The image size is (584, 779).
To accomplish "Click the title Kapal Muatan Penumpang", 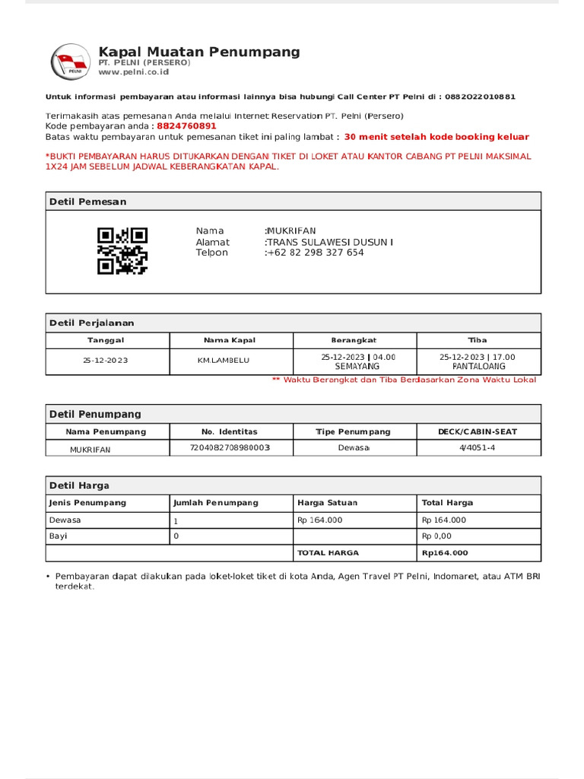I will [199, 52].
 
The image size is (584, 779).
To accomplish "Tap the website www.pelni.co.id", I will [133, 72].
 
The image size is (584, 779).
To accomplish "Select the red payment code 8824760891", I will [186, 126].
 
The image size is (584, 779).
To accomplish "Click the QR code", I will [122, 251].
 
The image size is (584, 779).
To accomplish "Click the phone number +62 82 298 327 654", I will [315, 253].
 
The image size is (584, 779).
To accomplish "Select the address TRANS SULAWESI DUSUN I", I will [329, 242].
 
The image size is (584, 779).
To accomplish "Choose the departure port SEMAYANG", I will [357, 366].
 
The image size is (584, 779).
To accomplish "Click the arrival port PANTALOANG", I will [478, 366].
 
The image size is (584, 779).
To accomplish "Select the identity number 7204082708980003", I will [230, 448].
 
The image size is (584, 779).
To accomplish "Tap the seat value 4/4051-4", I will [478, 448].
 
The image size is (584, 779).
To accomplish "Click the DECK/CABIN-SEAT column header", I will [478, 431].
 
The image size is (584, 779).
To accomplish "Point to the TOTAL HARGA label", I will [328, 553].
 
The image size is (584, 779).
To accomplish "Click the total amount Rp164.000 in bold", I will [445, 553].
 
